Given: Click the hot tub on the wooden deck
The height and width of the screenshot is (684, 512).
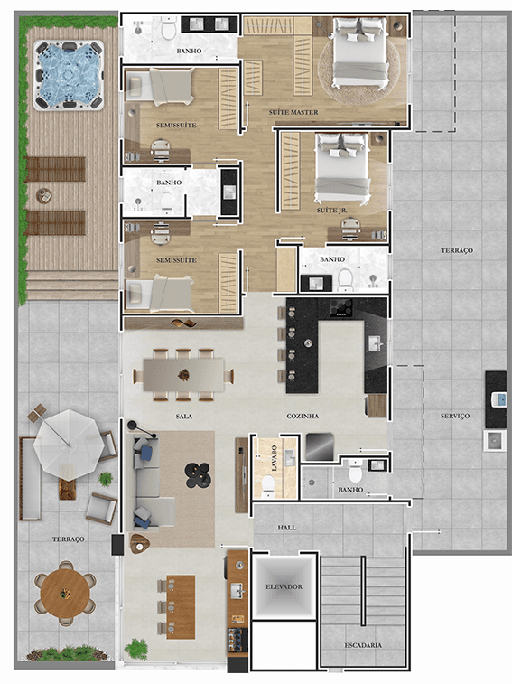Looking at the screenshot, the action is click(69, 75).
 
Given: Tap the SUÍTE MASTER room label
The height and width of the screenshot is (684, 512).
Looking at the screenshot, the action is click(293, 112).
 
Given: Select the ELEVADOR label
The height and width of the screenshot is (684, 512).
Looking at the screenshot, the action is click(284, 586).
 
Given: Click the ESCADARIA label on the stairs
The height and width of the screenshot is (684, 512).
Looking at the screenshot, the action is click(363, 645).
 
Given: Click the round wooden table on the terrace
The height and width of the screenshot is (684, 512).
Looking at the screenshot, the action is click(65, 593).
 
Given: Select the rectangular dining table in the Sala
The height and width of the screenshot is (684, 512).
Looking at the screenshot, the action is click(183, 375).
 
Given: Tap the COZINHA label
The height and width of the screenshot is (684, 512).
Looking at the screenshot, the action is click(303, 417).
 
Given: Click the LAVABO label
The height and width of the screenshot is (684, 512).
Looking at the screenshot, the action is click(275, 458).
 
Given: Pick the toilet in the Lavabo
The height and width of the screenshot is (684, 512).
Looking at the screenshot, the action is click(268, 486).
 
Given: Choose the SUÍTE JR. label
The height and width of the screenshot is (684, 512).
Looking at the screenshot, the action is click(332, 211).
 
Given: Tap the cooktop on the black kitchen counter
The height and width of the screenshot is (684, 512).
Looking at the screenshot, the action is click(341, 308).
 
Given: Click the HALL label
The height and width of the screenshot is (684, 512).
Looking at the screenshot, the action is click(286, 528).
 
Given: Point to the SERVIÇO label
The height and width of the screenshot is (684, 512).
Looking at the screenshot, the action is click(455, 416).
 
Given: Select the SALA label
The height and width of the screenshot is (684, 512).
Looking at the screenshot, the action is click(184, 417).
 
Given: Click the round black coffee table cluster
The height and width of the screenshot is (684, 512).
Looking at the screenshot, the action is click(198, 474).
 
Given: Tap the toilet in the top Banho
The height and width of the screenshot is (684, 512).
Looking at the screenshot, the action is click(168, 28).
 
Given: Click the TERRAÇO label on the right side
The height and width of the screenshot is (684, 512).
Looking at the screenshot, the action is click(457, 250).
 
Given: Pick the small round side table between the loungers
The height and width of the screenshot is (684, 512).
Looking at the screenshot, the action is click(44, 195).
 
